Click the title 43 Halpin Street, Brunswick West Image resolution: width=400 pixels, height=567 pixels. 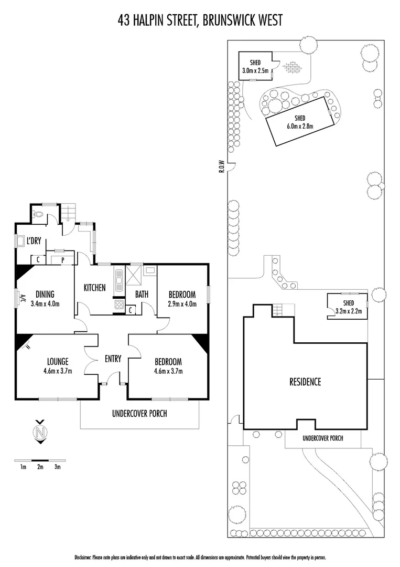click(x=200, y=20)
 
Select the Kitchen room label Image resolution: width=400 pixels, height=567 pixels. click(x=95, y=287)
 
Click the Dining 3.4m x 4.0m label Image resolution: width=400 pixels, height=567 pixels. click(x=45, y=298)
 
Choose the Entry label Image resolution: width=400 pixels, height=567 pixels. click(x=113, y=359)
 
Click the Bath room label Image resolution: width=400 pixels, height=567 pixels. click(x=142, y=295)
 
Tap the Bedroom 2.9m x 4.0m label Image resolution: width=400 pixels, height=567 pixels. click(x=182, y=298)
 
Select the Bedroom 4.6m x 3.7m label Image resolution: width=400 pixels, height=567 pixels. click(x=168, y=366)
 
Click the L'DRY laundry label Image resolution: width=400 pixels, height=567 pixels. click(x=34, y=242)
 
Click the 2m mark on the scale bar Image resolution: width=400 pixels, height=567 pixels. click(x=40, y=466)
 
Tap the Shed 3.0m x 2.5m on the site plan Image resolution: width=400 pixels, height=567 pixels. click(x=255, y=66)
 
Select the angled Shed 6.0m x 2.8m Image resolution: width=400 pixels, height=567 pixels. click(x=299, y=122)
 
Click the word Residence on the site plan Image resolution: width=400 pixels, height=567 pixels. click(x=305, y=382)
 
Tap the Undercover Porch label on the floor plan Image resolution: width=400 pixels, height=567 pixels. click(x=139, y=413)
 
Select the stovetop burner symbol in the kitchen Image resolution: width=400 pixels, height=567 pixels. click(x=118, y=306)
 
